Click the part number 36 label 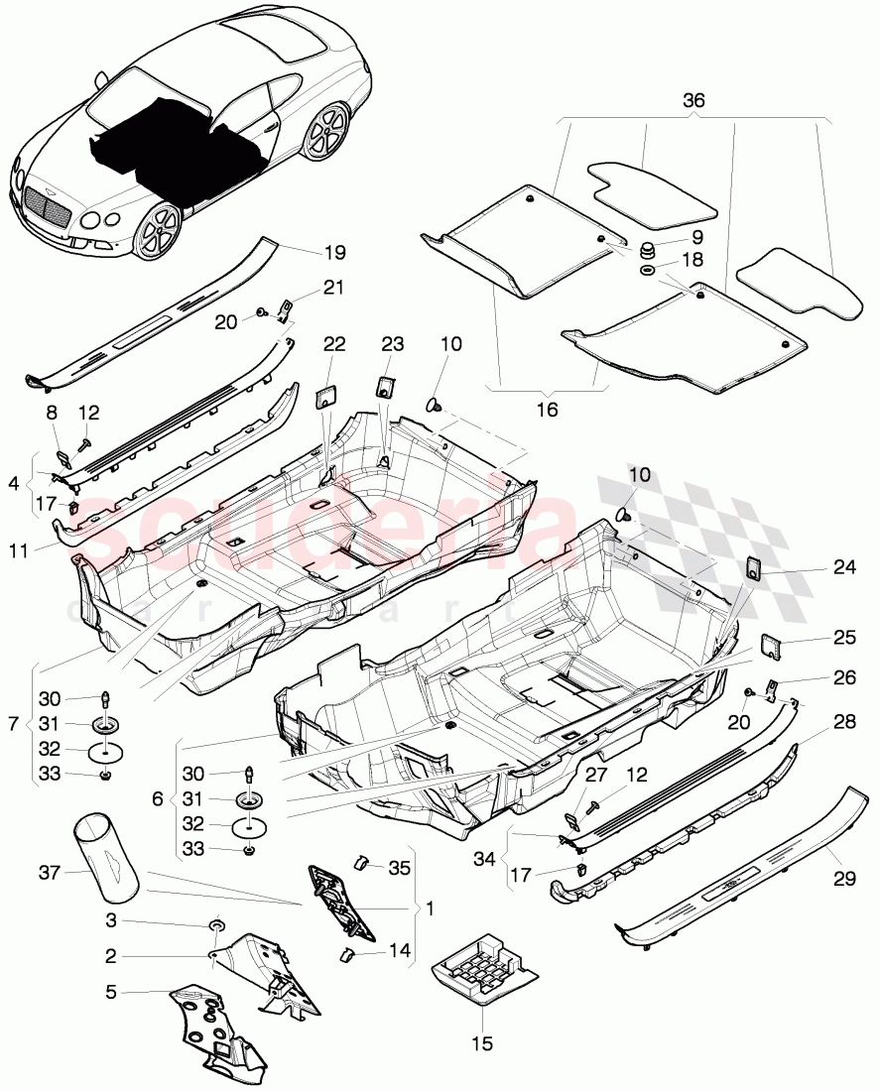[693, 100]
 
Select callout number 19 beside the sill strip [334, 253]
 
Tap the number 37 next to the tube [50, 873]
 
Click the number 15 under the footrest [481, 1043]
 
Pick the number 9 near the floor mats [696, 237]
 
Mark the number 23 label [393, 343]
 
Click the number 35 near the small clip [399, 869]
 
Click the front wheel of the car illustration [159, 233]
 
